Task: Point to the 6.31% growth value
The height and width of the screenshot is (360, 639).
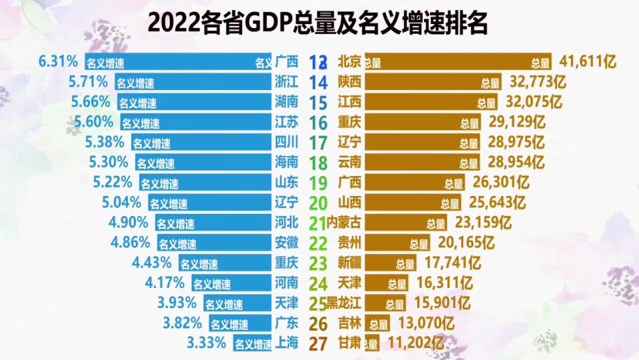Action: [58, 61]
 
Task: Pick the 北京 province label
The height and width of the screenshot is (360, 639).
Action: [349, 61]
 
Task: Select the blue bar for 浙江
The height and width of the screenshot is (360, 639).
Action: [193, 82]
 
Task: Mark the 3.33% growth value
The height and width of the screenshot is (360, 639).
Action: [206, 343]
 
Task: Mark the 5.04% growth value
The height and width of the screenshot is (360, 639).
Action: [121, 202]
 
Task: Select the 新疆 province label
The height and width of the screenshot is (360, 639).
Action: [349, 262]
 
